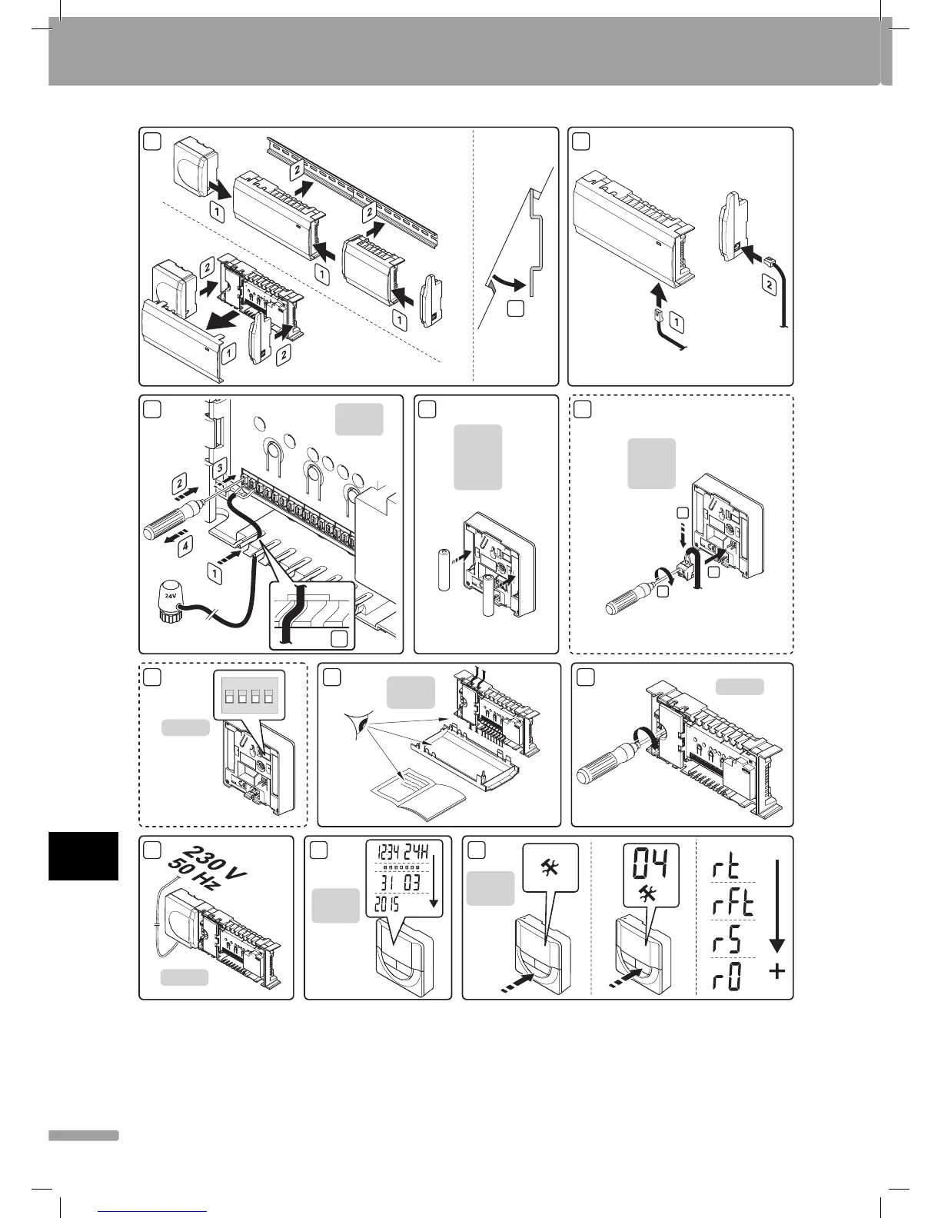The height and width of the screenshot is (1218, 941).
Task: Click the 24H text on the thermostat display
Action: (x=420, y=852)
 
